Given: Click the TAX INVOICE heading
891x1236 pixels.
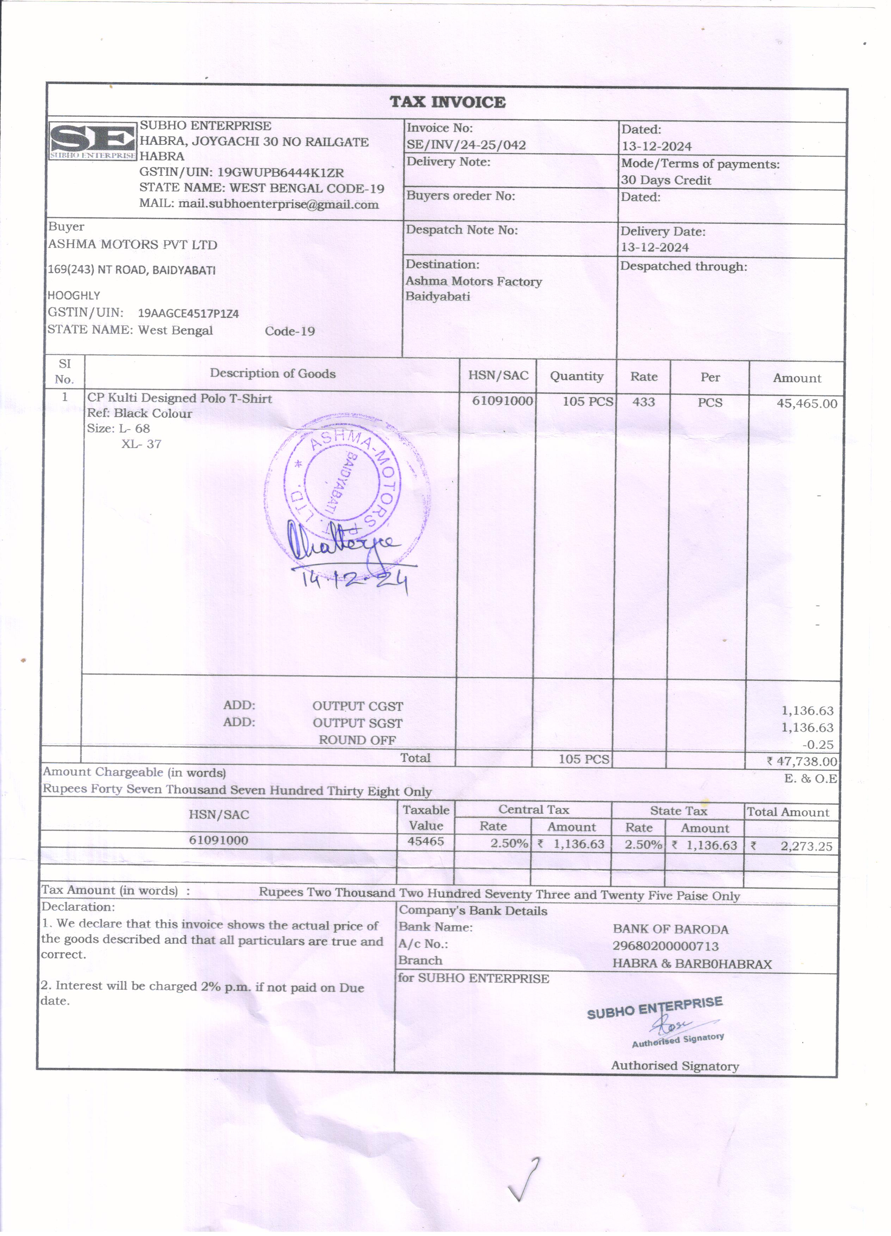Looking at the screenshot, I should coord(447,102).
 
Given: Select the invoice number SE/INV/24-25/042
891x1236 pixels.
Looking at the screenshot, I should coord(466,145).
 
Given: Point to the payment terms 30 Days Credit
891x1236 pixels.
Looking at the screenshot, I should coord(666,180).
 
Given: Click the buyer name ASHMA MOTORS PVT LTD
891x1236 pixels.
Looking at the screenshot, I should coord(133,245).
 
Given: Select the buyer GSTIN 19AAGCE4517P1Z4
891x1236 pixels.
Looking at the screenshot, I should coord(188,313).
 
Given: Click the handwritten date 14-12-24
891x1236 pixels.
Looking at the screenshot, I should coord(354,582).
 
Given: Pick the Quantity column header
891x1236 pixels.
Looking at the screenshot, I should coord(577,376).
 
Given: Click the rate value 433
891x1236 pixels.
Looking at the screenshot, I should coord(644,402).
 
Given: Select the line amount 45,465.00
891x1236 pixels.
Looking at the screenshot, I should coord(806,404).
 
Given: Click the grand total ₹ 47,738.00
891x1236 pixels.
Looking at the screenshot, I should coord(802,761).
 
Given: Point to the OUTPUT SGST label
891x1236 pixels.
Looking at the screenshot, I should coord(357,723).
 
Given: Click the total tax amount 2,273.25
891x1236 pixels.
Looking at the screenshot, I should coord(806,846).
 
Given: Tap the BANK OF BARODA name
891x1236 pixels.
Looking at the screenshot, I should coord(670,929).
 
